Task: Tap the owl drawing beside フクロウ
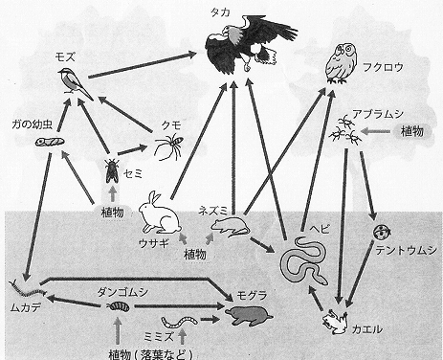[x=341, y=64]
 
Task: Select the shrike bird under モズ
[x=75, y=83]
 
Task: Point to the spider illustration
[x=169, y=146]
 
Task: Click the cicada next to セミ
[x=112, y=170]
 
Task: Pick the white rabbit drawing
[x=160, y=214]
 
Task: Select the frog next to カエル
[x=335, y=322]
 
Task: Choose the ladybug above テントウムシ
[x=382, y=232]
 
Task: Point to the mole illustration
[x=249, y=315]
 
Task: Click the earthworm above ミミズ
[x=179, y=322]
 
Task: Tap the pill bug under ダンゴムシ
[x=119, y=306]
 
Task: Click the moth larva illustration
[x=50, y=141]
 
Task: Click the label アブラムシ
[x=378, y=114]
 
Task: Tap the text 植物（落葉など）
[x=151, y=354]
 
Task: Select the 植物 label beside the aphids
[x=412, y=131]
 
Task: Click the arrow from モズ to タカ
[x=143, y=65]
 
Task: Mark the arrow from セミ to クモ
[x=132, y=150]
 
